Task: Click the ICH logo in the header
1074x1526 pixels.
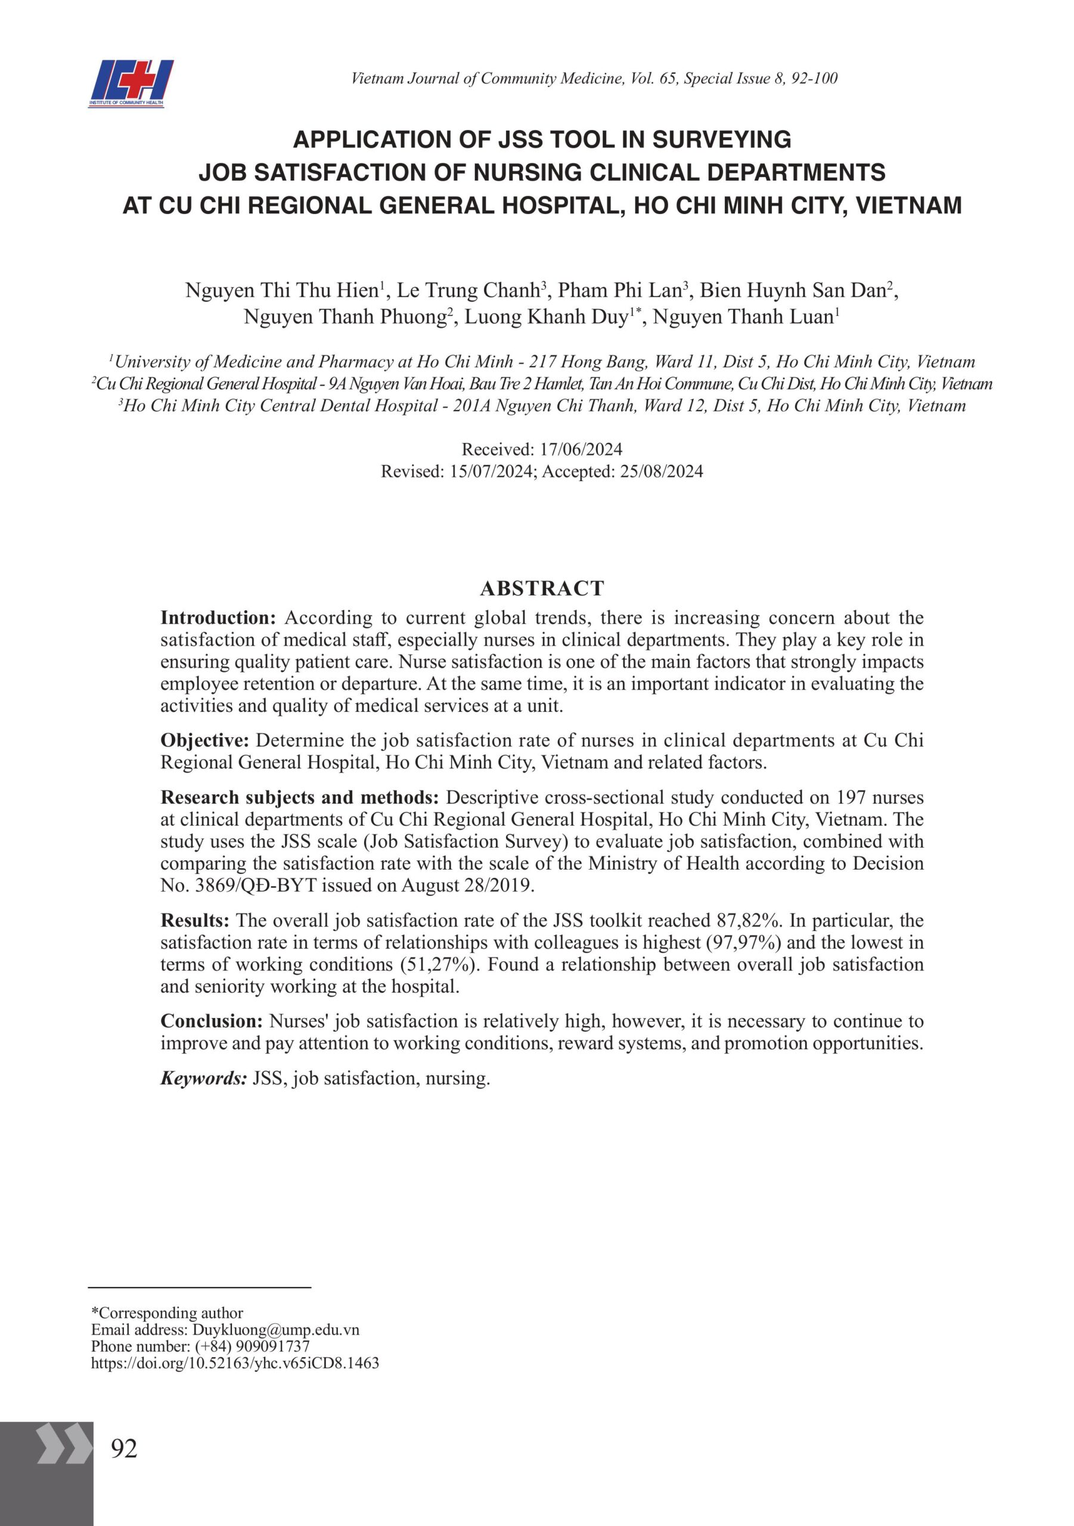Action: click(131, 83)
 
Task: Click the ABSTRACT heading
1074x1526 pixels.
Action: click(542, 588)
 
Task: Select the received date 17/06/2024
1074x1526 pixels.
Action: click(581, 449)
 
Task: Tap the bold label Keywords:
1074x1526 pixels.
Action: click(203, 1078)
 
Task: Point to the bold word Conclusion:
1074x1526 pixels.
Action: click(212, 1021)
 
